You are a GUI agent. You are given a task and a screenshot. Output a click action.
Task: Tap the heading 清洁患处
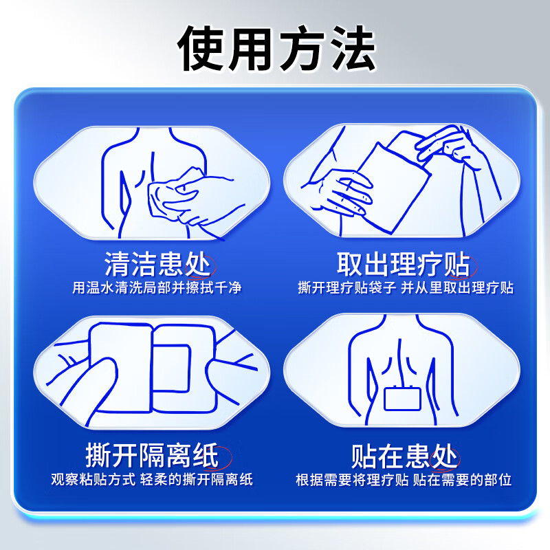tap(158, 263)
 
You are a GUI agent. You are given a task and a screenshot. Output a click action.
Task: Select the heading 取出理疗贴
tap(403, 263)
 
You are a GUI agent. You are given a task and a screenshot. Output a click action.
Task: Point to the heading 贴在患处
tap(404, 455)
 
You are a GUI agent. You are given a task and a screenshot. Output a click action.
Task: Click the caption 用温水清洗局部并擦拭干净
tap(157, 287)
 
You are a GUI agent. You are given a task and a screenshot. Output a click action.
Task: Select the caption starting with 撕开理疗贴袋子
tap(406, 287)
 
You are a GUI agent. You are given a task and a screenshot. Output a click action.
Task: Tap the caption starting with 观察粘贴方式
tap(152, 480)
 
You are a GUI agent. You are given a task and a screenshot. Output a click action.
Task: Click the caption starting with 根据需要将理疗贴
tap(404, 480)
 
